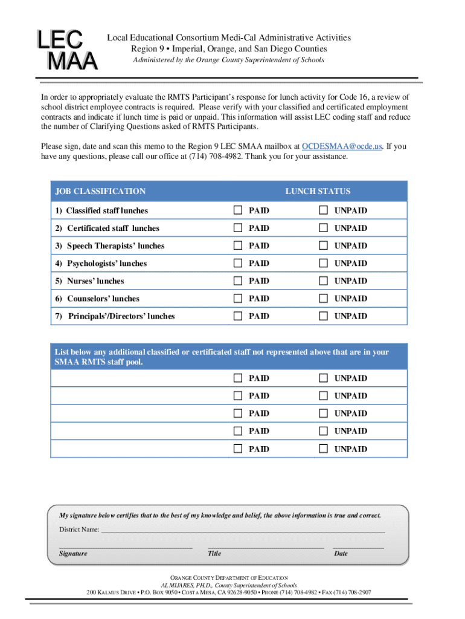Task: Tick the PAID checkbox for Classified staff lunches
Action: tap(237, 210)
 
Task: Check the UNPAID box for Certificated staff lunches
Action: tap(323, 228)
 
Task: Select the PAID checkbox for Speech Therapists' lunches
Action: tap(237, 245)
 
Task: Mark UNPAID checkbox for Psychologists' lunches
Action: tap(323, 263)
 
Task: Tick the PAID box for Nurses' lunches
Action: tap(237, 280)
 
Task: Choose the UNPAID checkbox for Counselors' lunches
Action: tap(323, 298)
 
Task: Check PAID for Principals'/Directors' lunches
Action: tap(237, 316)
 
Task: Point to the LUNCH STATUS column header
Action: tap(318, 192)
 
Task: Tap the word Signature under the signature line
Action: tap(73, 554)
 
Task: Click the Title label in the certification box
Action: tap(214, 554)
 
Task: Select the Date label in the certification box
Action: tap(341, 554)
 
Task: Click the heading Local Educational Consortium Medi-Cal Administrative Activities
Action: tap(229, 38)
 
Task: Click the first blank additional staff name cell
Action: tap(139, 378)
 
